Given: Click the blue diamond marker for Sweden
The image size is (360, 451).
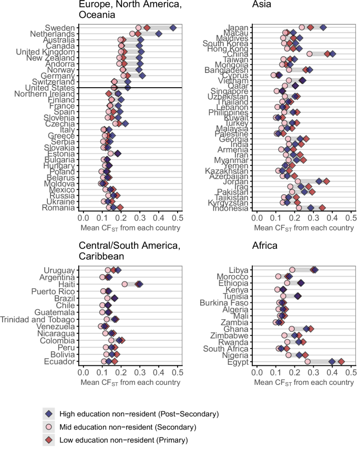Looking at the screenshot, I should click(173, 27).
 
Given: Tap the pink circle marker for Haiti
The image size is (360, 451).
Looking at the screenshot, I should click(125, 284).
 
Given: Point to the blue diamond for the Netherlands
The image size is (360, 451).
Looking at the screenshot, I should click(159, 34).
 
